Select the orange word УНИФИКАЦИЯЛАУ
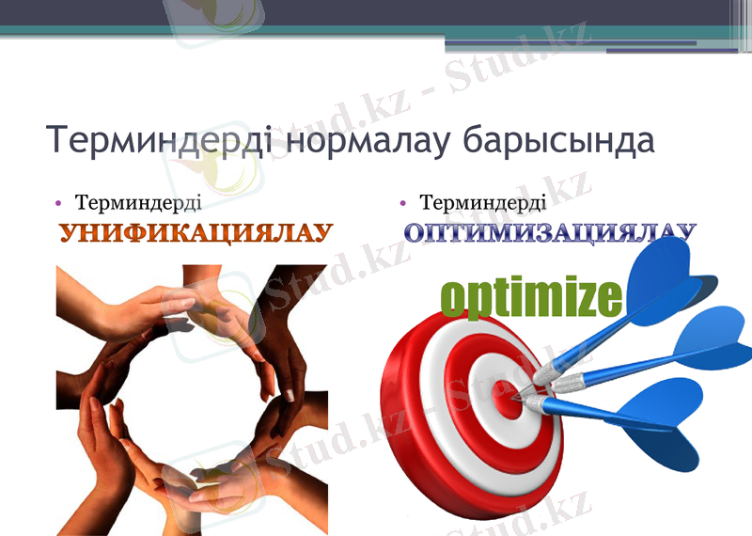196,233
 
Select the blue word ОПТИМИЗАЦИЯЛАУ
550,232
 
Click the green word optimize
531,297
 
